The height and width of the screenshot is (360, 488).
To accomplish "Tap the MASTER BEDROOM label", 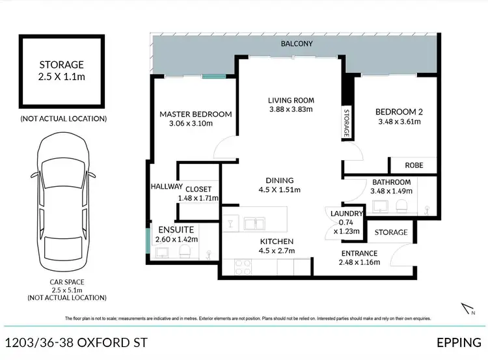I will click(196, 114).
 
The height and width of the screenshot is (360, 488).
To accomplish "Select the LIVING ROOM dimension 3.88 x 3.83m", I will click(291, 110).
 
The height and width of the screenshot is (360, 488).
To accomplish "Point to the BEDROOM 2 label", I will click(400, 111).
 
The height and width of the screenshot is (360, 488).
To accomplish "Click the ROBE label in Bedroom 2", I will click(414, 165).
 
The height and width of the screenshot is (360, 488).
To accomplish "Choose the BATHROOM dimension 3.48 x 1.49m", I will click(391, 191).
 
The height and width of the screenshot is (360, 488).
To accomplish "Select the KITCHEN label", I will click(277, 241).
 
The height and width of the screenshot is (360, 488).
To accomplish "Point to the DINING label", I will click(280, 180).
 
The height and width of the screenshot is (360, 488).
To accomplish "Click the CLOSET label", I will click(198, 189).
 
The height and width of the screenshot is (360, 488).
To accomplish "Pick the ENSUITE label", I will click(176, 230).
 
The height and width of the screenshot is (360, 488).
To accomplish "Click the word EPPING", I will click(459, 342).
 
